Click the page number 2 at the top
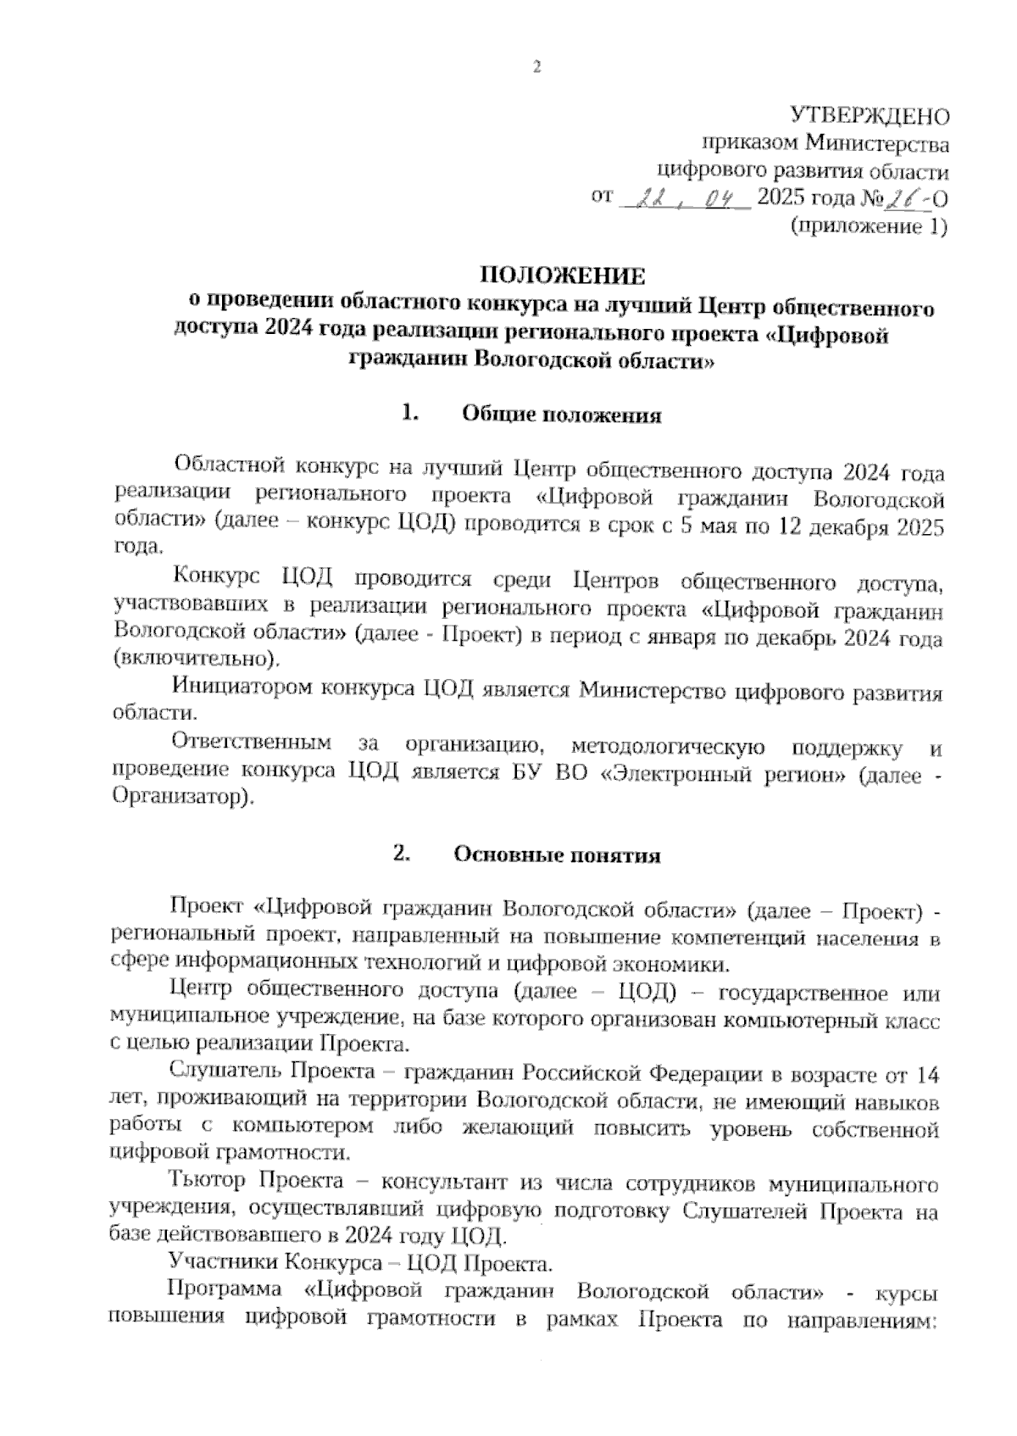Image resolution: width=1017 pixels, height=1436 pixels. tap(536, 69)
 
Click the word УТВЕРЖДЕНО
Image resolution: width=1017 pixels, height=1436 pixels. tap(869, 116)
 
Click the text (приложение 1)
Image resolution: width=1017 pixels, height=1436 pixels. tap(868, 226)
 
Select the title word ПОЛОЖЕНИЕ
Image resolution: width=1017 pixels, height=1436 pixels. tap(563, 276)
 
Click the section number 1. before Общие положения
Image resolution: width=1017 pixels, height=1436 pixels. tap(411, 414)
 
